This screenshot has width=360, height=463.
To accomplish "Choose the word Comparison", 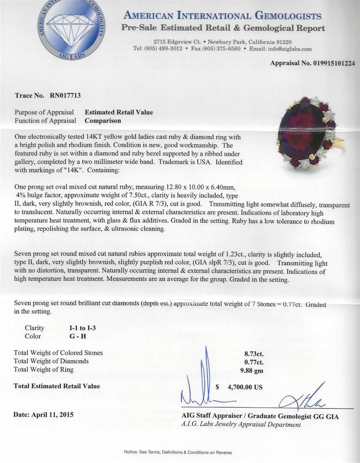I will click(103, 121).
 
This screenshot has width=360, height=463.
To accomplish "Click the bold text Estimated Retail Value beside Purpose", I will click(118, 112).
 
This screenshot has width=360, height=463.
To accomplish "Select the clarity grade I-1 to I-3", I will click(83, 328).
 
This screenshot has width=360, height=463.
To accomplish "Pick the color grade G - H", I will click(78, 336).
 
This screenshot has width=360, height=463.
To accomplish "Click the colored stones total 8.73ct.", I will click(254, 354).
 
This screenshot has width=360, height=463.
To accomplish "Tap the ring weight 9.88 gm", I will click(253, 370).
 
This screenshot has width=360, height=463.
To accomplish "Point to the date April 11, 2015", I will click(43, 415).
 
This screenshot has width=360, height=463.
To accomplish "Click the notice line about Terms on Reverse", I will click(178, 452).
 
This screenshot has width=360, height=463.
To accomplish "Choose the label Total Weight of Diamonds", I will click(51, 361).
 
